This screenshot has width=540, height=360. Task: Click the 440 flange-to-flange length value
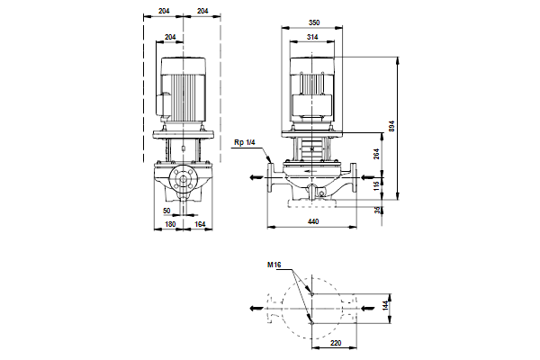click(x=313, y=220)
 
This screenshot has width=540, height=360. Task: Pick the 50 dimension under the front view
click(x=166, y=210)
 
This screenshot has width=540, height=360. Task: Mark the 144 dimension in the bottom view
click(x=385, y=306)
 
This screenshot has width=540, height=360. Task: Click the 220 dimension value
click(x=335, y=344)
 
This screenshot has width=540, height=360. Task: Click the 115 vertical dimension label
click(x=377, y=184)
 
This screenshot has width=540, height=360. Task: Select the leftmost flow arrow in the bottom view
click(x=257, y=307)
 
